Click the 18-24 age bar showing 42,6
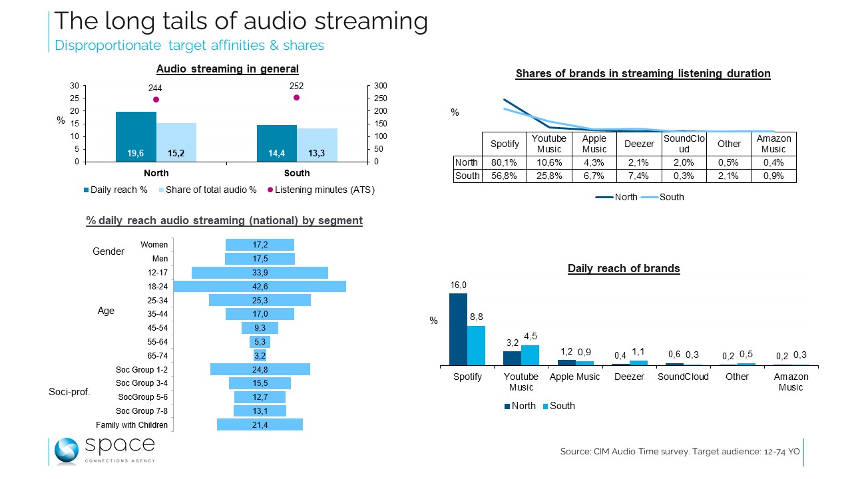260,287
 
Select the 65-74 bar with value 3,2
260,356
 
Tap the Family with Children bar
260,424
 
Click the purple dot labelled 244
156,100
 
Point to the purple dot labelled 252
296,98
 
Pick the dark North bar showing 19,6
136,136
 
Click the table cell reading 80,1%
504,163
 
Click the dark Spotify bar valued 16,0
458,329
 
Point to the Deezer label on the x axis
629,377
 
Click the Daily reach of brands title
624,269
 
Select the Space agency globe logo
67,450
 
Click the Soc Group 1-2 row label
142,369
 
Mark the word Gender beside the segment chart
108,251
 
